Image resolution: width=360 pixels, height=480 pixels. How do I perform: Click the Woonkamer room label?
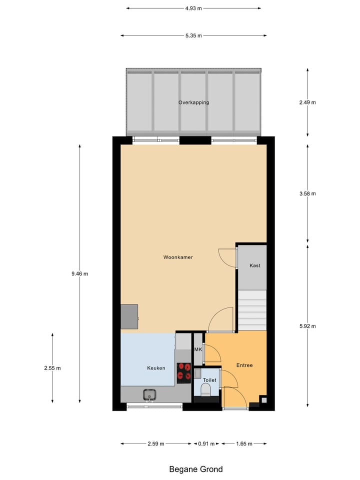coord(178,257)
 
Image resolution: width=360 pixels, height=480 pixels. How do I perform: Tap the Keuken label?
coord(156,368)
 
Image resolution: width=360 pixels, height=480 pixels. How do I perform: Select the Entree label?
coord(244,365)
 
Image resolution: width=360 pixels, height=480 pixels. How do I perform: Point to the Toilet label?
coord(209,380)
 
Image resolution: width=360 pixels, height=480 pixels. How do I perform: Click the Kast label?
coord(255,265)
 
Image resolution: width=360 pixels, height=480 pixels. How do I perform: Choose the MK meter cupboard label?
coord(197,349)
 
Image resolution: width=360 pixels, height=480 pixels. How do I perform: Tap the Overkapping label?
coord(193,102)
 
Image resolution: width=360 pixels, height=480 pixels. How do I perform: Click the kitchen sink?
coord(149,395)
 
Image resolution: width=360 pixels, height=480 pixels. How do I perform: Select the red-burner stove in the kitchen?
coord(183,372)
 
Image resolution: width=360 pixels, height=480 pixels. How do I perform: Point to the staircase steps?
coord(251,310)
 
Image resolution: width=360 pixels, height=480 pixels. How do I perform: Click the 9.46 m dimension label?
coord(79,273)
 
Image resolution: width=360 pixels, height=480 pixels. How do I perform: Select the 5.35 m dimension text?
coord(193,35)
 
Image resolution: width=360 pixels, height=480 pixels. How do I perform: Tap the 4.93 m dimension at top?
coord(193,8)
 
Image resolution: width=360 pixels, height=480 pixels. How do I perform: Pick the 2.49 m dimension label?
coord(307,102)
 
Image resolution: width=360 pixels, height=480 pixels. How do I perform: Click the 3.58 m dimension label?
coord(307,193)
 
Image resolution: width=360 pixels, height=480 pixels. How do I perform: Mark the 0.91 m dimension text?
coord(207,443)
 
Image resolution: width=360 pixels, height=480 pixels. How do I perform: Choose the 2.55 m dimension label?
coord(52,368)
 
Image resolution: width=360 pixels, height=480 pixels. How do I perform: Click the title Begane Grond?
coord(196,469)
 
